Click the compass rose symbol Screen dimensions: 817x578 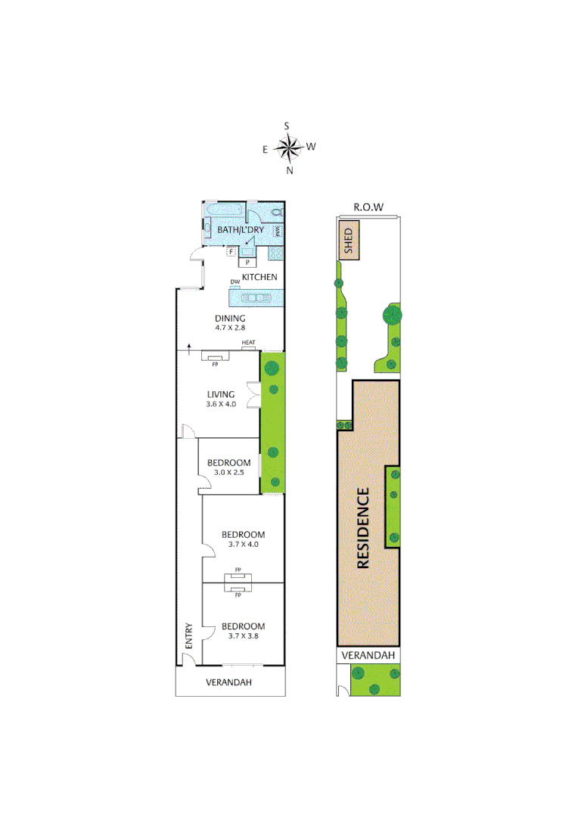(x=288, y=148)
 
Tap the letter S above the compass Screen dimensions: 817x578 (x=287, y=126)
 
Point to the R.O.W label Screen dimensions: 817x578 (x=369, y=207)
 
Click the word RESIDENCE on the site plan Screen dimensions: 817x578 (x=363, y=528)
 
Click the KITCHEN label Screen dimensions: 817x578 (x=259, y=278)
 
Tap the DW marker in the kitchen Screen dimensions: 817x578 (x=235, y=282)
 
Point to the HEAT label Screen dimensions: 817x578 (x=248, y=343)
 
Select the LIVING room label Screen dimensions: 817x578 (x=221, y=394)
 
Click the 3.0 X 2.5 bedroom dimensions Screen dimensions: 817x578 (x=228, y=473)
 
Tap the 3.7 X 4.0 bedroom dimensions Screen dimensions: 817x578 (x=243, y=545)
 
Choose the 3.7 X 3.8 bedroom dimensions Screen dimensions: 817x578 (x=243, y=636)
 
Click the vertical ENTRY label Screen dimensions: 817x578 (x=189, y=635)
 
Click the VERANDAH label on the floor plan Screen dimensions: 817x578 (x=228, y=682)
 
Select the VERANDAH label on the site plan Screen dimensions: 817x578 (x=368, y=655)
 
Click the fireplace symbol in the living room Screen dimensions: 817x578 (x=216, y=358)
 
